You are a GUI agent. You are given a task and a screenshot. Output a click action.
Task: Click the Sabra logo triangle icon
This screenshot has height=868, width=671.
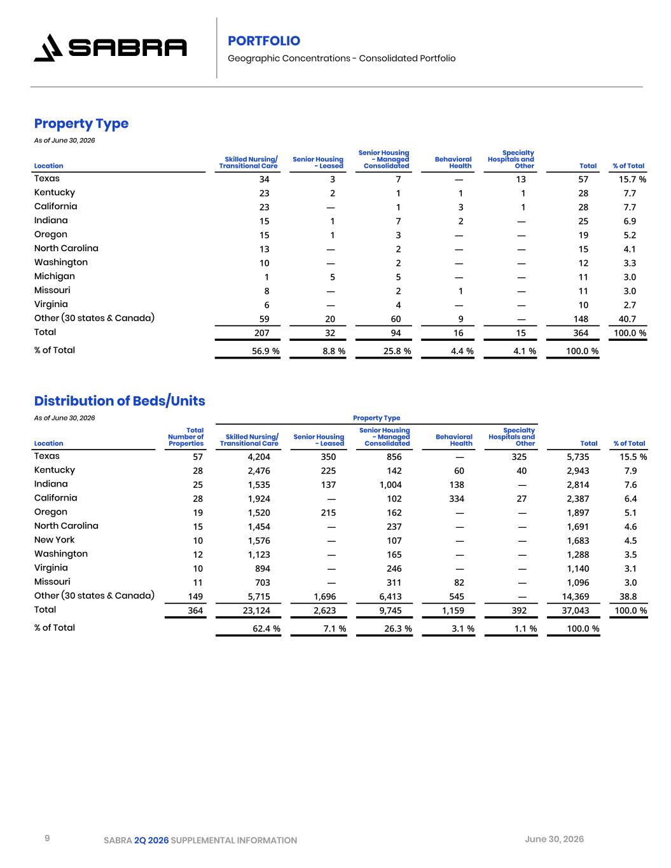coord(48,48)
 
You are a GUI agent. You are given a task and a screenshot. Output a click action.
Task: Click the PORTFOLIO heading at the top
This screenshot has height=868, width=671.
coord(263,41)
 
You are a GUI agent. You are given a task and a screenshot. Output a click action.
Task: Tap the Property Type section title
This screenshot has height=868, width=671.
coord(81,124)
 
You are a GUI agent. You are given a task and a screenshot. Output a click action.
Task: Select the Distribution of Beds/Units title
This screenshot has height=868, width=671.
coord(120,401)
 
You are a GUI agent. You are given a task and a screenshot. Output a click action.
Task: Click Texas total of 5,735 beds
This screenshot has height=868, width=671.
coord(578,457)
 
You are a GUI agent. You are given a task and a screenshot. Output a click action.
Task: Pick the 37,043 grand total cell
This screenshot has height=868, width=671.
coord(575,610)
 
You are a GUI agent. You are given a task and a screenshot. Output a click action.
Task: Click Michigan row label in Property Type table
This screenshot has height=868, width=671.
coord(54,277)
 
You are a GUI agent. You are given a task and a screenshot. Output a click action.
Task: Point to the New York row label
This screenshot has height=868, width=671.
coord(54,540)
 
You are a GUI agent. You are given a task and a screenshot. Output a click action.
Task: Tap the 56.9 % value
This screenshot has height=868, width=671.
coord(266,351)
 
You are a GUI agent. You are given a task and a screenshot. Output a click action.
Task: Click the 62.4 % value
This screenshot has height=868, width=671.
coord(266,629)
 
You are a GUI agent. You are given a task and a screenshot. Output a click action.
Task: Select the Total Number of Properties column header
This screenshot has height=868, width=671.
coord(186,437)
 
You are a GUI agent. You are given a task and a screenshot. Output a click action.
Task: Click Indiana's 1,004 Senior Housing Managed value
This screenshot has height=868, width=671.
coord(391,485)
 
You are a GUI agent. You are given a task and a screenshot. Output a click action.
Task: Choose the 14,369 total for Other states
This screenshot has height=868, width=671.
coord(575,596)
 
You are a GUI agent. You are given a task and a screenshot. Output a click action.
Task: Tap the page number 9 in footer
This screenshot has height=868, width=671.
coord(47,837)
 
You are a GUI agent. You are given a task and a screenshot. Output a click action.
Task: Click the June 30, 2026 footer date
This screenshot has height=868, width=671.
coord(554,839)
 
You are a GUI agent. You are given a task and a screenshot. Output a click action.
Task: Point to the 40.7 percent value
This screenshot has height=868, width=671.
coord(627,319)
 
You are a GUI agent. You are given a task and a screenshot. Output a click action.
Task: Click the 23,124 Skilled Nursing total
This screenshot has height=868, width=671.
coord(256,610)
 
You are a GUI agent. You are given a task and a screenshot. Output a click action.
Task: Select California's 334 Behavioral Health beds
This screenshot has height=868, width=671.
coord(457,499)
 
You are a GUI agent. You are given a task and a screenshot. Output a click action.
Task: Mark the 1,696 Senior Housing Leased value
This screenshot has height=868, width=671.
coord(325,596)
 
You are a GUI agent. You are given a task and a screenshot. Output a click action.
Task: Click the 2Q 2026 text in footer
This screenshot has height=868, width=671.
coord(151,840)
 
